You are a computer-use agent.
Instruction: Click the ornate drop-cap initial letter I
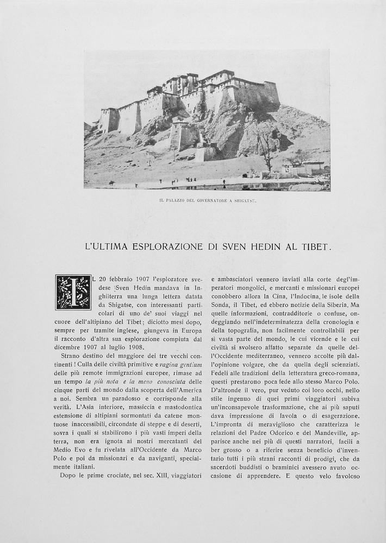click(73, 292)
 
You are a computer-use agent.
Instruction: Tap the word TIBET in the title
click(315, 247)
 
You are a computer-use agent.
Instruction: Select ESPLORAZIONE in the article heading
click(166, 247)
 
